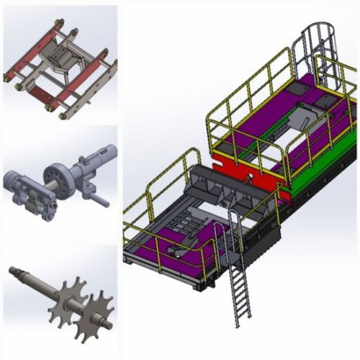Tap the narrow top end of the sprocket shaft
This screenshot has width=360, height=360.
pyautogui.click(x=16, y=271)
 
